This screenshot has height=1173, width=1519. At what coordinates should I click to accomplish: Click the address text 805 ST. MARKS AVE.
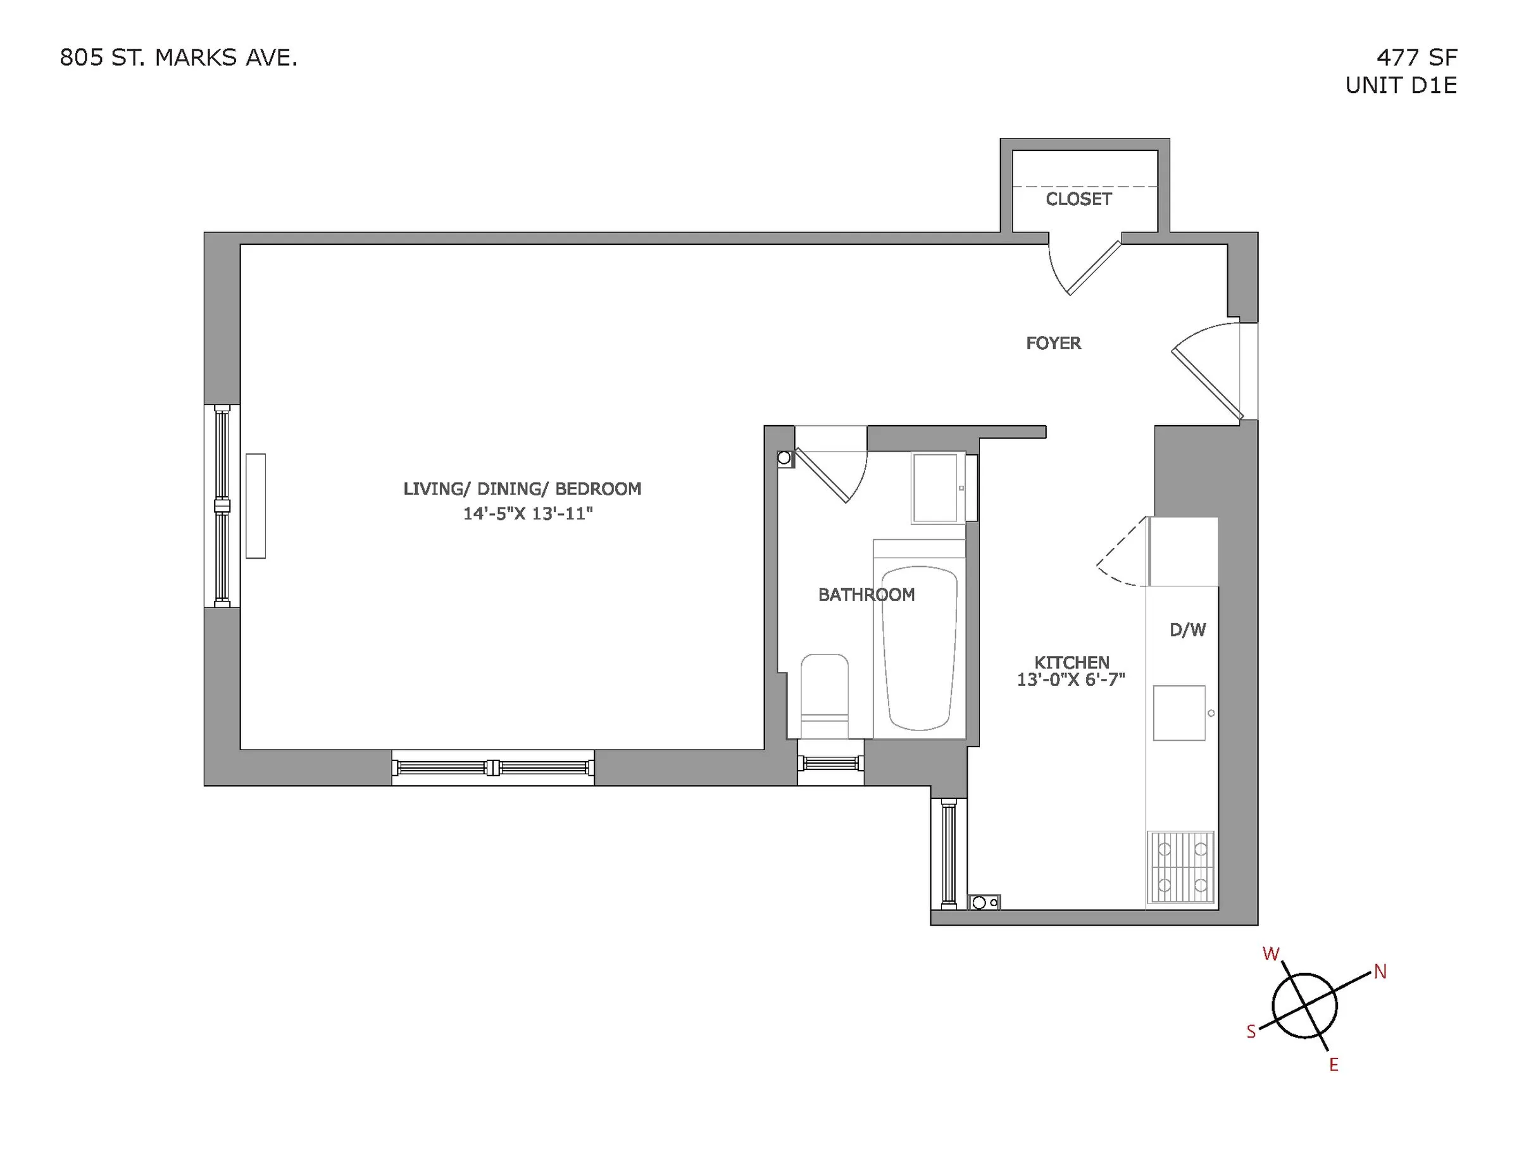coord(178,58)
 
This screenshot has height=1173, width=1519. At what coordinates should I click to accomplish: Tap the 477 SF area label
coord(1416,58)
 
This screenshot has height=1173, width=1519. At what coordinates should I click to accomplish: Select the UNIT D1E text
coord(1401,85)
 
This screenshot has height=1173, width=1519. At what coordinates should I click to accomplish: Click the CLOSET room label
coord(1078,199)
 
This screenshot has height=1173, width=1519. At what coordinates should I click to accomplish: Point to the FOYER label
coord(1054,344)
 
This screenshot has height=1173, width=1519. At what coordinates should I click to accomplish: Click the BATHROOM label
coord(866,595)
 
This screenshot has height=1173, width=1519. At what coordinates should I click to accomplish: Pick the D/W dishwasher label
coord(1188,630)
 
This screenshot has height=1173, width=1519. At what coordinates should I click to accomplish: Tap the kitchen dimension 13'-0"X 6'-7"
coord(1071,680)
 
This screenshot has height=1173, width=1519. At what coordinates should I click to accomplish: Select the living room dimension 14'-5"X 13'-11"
coord(528,514)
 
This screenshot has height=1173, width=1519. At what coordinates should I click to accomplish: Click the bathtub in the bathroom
coord(920,648)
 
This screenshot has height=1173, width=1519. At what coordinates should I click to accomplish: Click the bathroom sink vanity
coord(936,487)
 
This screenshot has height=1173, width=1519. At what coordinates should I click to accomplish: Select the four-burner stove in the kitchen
coord(1181,867)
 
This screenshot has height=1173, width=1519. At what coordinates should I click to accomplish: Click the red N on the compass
coord(1380,972)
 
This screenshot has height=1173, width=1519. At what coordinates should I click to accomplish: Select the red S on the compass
coord(1251,1032)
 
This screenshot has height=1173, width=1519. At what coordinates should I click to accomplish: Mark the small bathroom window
coord(830,764)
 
